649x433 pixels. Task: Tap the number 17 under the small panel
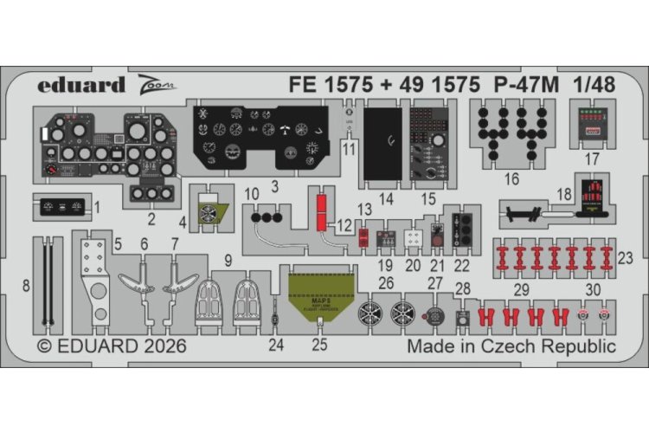click(x=592, y=160)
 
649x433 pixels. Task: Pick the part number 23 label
click(x=627, y=256)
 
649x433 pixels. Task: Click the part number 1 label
click(x=98, y=207)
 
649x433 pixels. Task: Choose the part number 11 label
click(x=349, y=148)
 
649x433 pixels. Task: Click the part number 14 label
click(x=386, y=198)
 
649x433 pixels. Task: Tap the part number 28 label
click(x=464, y=288)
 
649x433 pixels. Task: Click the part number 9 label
click(x=228, y=259)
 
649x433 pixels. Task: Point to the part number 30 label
click(x=592, y=288)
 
